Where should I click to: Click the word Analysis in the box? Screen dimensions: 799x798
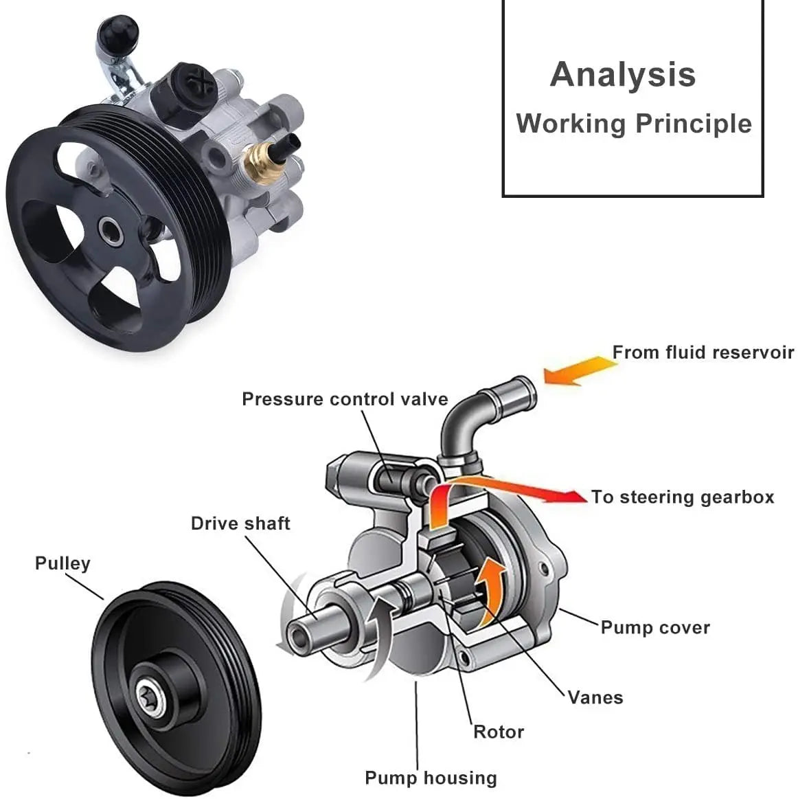pyautogui.click(x=622, y=75)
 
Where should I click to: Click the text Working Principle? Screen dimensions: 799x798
pyautogui.click(x=633, y=124)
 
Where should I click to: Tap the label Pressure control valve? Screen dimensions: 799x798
pyautogui.click(x=344, y=399)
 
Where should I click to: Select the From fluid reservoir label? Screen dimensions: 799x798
pyautogui.click(x=703, y=352)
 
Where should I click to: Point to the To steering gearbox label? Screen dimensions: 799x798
pyautogui.click(x=682, y=497)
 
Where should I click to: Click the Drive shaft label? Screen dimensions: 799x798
pyautogui.click(x=240, y=524)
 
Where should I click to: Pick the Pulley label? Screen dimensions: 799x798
pyautogui.click(x=62, y=563)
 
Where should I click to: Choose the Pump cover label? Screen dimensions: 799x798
pyautogui.click(x=654, y=627)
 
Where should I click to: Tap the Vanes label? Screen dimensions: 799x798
pyautogui.click(x=595, y=697)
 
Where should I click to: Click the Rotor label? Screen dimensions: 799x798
pyautogui.click(x=499, y=732)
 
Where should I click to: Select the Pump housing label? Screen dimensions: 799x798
pyautogui.click(x=431, y=778)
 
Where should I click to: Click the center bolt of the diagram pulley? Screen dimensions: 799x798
pyautogui.click(x=149, y=690)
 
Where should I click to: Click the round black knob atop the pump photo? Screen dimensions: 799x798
pyautogui.click(x=118, y=30)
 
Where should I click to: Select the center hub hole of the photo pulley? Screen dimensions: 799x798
pyautogui.click(x=111, y=231)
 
